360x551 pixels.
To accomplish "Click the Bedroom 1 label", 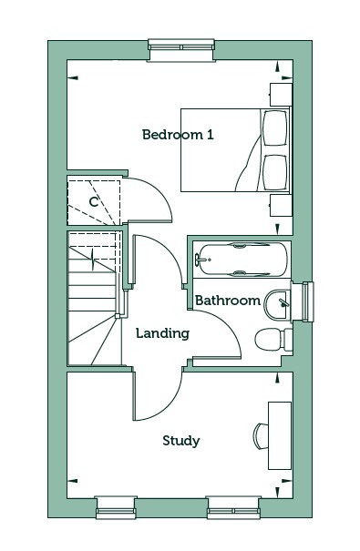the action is pos(178,135).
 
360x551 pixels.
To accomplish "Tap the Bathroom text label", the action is pos(228,301).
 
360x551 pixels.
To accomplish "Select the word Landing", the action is pos(163,333).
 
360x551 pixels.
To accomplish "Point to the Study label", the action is pos(181,441).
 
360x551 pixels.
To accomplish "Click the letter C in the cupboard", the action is pos(94,202).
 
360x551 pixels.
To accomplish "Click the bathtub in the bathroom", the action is pos(242,260).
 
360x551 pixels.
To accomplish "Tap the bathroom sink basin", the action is pos(278,305).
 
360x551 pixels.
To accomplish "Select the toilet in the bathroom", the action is pos(273,340).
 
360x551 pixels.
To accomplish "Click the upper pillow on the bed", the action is pos(274,128).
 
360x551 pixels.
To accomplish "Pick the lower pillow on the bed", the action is pos(274,172).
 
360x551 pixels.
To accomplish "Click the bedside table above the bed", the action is pos(281,95).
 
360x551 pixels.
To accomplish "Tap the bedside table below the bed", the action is pos(281,206).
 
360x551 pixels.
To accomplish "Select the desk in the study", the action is pos(280,435).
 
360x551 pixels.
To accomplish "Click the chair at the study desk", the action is pos(261,436).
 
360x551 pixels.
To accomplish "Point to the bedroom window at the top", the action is pos(181,50).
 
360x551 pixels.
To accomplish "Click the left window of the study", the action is pos(116,507).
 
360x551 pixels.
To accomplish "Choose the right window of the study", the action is pos(234,507).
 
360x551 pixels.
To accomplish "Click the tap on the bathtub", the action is pos(201,260).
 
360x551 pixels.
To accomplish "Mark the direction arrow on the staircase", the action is pos(93,259).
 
